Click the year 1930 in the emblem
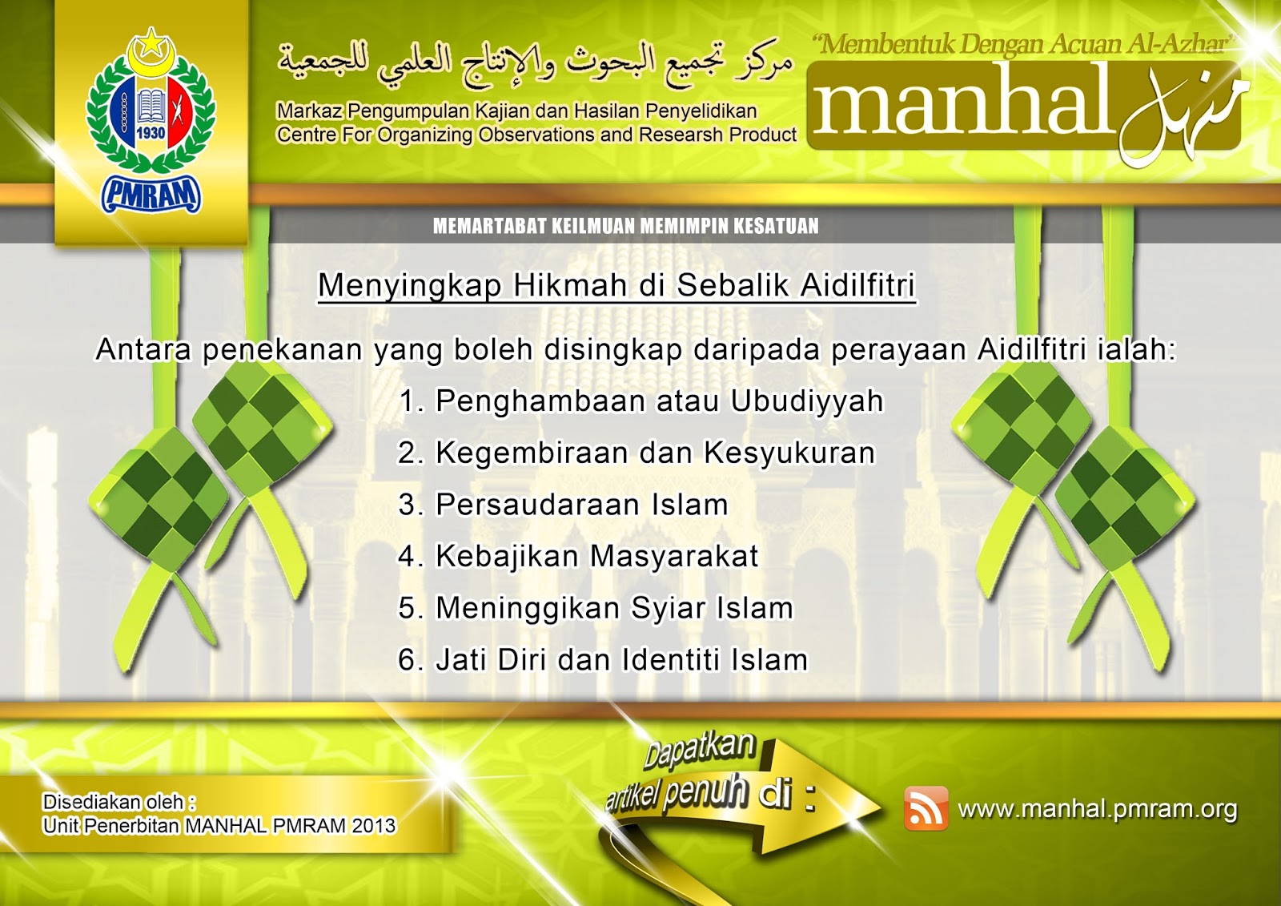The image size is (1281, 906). pyautogui.click(x=151, y=133)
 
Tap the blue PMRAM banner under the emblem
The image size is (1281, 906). pyautogui.click(x=151, y=194)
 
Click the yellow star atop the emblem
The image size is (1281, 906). pyautogui.click(x=151, y=41)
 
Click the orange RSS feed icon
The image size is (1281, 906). pyautogui.click(x=926, y=808)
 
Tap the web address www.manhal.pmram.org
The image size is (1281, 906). pyautogui.click(x=1098, y=809)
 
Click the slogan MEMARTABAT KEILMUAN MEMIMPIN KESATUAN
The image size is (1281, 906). pyautogui.click(x=625, y=226)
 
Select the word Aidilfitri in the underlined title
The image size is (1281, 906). pyautogui.click(x=857, y=284)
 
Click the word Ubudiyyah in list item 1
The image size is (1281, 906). pyautogui.click(x=807, y=401)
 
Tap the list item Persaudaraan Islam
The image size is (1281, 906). pyautogui.click(x=563, y=504)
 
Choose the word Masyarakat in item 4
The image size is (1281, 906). pyautogui.click(x=673, y=556)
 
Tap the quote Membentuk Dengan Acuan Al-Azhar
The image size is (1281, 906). pyautogui.click(x=1024, y=44)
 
